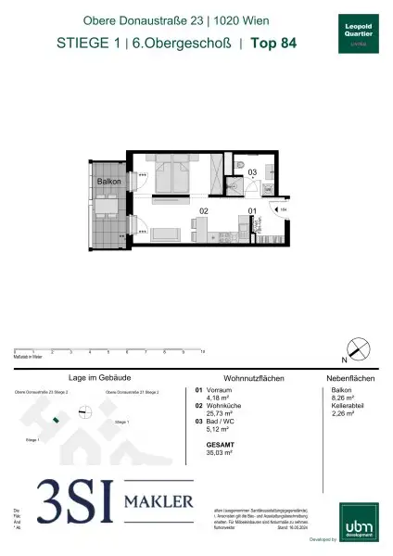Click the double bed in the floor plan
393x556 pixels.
click(x=171, y=176)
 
